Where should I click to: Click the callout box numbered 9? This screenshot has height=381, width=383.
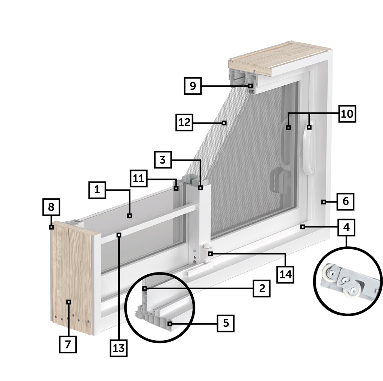click(193, 86)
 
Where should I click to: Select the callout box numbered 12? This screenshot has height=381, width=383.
click(184, 122)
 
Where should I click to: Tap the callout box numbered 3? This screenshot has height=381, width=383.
click(163, 159)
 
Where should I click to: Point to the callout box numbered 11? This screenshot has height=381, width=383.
click(138, 178)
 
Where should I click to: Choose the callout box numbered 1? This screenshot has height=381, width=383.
click(97, 190)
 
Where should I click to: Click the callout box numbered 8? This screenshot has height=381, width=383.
click(51, 207)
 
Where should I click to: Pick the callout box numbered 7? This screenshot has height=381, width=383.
click(68, 344)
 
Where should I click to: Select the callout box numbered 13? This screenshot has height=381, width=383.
click(119, 348)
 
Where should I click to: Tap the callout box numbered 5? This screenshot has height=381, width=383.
click(226, 323)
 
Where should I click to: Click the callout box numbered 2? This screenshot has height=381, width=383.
click(261, 288)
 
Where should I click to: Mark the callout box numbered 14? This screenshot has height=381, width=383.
click(285, 274)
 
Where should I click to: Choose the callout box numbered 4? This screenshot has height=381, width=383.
click(346, 227)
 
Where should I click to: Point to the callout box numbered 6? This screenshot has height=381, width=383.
click(345, 201)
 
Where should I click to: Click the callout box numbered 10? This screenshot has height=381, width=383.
click(347, 114)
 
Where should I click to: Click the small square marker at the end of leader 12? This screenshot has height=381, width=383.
click(224, 123)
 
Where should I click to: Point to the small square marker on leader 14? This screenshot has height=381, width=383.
click(210, 254)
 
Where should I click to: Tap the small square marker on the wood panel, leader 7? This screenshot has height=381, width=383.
click(69, 302)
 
